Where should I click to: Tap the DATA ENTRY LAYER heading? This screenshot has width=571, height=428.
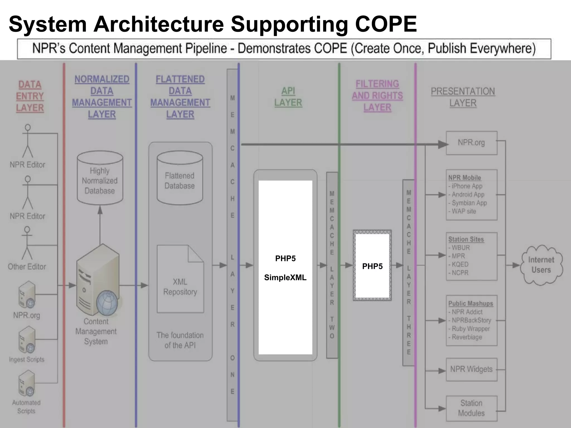30,96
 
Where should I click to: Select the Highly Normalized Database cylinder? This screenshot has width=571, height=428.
100,178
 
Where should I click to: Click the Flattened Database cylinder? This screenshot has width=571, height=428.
180,178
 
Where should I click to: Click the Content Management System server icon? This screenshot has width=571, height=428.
96,281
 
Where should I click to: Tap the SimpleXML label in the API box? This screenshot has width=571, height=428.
285,278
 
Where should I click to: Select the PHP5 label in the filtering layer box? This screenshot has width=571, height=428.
372,266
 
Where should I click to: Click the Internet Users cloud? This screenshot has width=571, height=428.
541,265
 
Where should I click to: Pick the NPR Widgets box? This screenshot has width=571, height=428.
471,369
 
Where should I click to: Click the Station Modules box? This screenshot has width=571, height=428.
471,408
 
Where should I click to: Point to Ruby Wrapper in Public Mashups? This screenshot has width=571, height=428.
471,329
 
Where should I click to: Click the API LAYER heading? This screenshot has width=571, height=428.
288,97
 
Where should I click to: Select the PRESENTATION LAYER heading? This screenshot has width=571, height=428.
463,97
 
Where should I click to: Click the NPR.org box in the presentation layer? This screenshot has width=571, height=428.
471,143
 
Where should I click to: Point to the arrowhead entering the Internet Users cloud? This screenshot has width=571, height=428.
517,265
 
